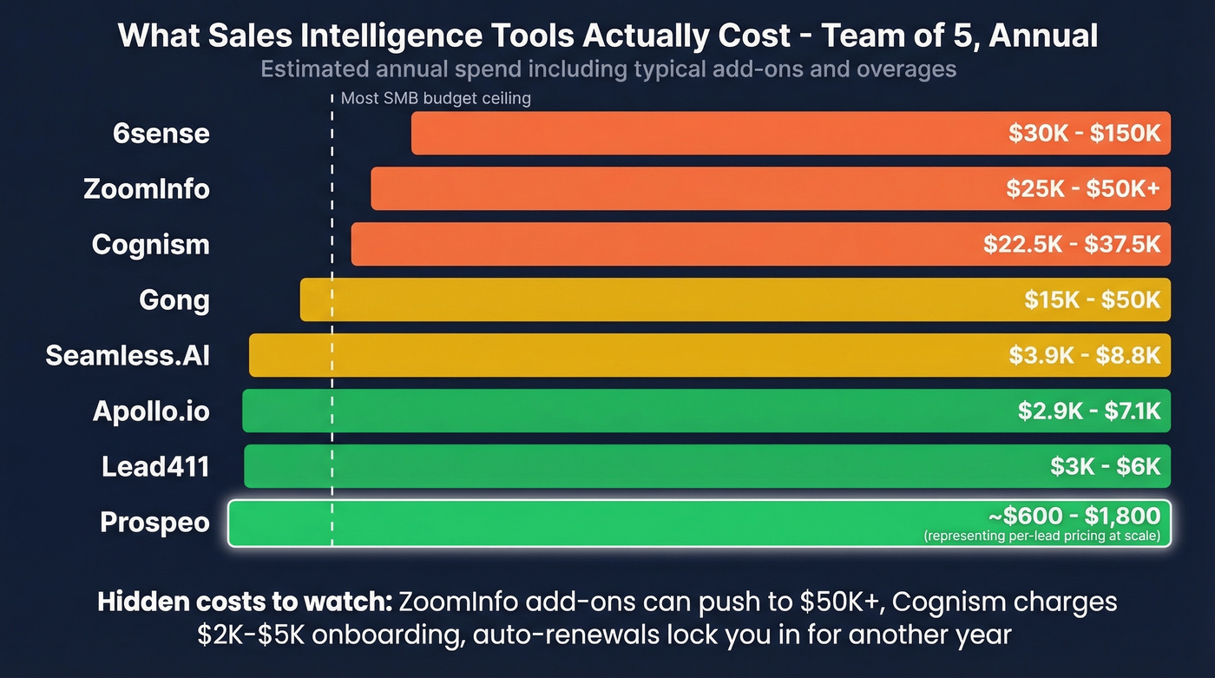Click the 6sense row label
[161, 134]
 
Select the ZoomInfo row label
[147, 189]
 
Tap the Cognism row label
[151, 245]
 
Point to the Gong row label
[174, 300]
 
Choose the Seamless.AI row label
[128, 355]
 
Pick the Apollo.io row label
[151, 411]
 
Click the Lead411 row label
[155, 466]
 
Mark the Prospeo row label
[154, 522]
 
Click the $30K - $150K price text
[1084, 134]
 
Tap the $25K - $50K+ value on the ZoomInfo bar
[1083, 189]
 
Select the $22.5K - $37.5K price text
[1072, 245]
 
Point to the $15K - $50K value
[1092, 300]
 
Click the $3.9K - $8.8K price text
[1084, 355]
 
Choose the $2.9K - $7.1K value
[1089, 411]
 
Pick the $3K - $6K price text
[1105, 466]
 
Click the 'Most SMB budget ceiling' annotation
[435, 98]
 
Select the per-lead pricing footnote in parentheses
[1041, 536]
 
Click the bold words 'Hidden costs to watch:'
[246, 602]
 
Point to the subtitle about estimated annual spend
[607, 69]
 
